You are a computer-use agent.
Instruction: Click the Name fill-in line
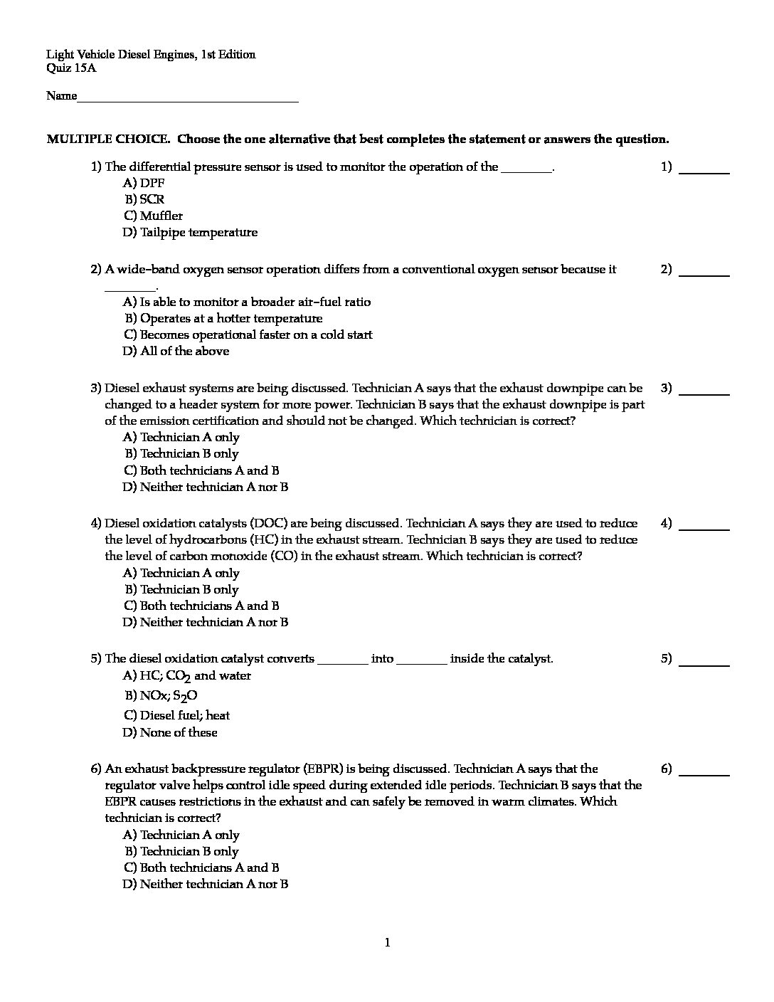coord(188,100)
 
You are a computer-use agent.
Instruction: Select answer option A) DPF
coord(144,183)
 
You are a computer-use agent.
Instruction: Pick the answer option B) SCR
coord(145,199)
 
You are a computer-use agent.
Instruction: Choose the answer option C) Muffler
coord(153,216)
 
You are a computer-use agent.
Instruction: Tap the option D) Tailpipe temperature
coord(190,232)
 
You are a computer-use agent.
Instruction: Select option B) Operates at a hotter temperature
coord(223,318)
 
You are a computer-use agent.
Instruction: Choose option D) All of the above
coord(176,351)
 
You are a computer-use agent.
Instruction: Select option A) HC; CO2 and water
coord(187,676)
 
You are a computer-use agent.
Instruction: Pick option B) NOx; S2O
coord(161,696)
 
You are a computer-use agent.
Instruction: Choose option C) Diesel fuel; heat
coord(176,715)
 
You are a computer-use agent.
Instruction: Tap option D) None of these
coord(170,732)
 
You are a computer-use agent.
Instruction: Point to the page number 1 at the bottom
coord(387,943)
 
